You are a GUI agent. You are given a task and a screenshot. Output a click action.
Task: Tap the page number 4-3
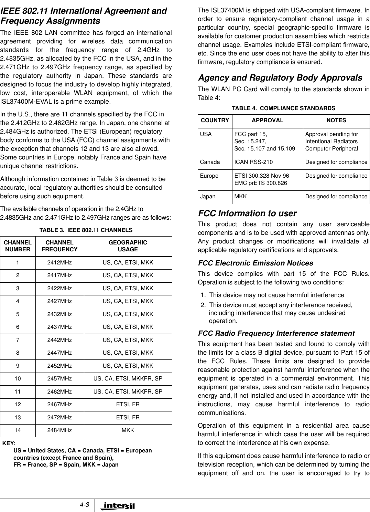pos(84,505)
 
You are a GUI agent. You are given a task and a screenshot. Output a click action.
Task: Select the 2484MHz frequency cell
pos(59,430)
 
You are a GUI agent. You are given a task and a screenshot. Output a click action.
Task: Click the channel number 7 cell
pos(18,340)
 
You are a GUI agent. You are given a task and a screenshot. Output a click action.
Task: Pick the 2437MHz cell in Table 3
pos(59,327)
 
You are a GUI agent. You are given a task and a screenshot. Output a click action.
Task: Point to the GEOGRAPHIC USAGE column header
pos(128,246)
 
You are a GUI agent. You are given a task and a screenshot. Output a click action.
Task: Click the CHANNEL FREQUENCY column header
pos(59,246)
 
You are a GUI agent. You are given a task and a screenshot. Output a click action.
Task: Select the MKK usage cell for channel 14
pos(128,430)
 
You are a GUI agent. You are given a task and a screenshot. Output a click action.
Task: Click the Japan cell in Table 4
pos(208,196)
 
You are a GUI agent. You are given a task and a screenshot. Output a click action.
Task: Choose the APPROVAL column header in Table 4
pos(268,120)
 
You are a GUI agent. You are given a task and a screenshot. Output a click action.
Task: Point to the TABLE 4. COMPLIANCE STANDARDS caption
pos(284,108)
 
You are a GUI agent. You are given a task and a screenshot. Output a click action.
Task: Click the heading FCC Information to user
pos(247,213)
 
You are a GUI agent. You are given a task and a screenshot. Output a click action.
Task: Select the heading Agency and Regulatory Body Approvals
pos(280,78)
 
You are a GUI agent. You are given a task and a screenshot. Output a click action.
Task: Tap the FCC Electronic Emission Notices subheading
pos(255,263)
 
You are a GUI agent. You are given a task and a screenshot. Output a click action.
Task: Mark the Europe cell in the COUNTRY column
pos(209,176)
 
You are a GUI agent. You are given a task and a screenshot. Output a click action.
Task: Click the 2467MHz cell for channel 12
pos(59,405)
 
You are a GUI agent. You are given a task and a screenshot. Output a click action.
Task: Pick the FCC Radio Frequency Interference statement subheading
pos(276,333)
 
